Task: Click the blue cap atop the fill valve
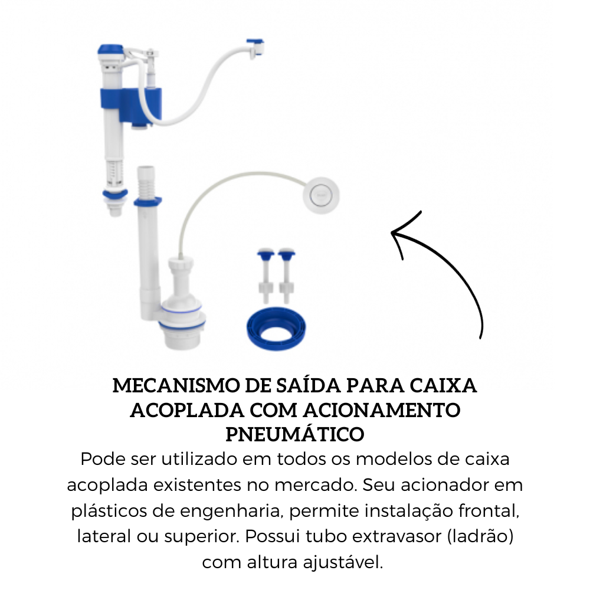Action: pyautogui.click(x=110, y=50)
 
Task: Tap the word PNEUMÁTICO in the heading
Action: pyautogui.click(x=295, y=434)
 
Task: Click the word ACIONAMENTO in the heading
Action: pyautogui.click(x=392, y=410)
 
